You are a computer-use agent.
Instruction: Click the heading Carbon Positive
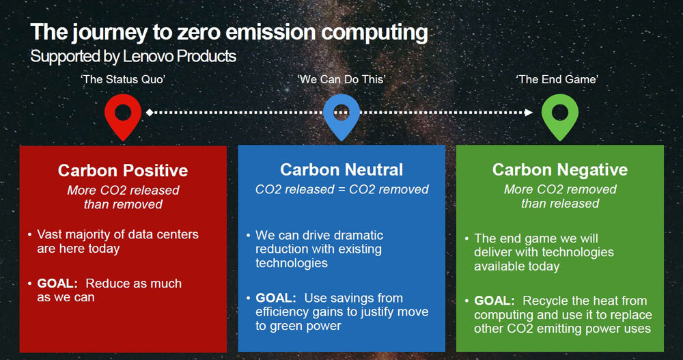[123, 170]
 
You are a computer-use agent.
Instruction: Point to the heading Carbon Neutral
[341, 169]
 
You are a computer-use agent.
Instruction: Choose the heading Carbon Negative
[560, 169]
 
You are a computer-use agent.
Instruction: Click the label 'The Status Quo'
[123, 79]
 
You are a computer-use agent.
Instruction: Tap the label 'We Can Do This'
[341, 79]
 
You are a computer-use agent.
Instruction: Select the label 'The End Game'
[557, 79]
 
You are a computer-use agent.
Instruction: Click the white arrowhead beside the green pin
[529, 113]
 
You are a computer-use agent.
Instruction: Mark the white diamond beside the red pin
[150, 113]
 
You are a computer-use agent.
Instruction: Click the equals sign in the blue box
[341, 190]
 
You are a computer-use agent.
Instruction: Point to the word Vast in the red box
[49, 234]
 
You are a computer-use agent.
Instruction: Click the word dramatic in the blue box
[356, 236]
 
